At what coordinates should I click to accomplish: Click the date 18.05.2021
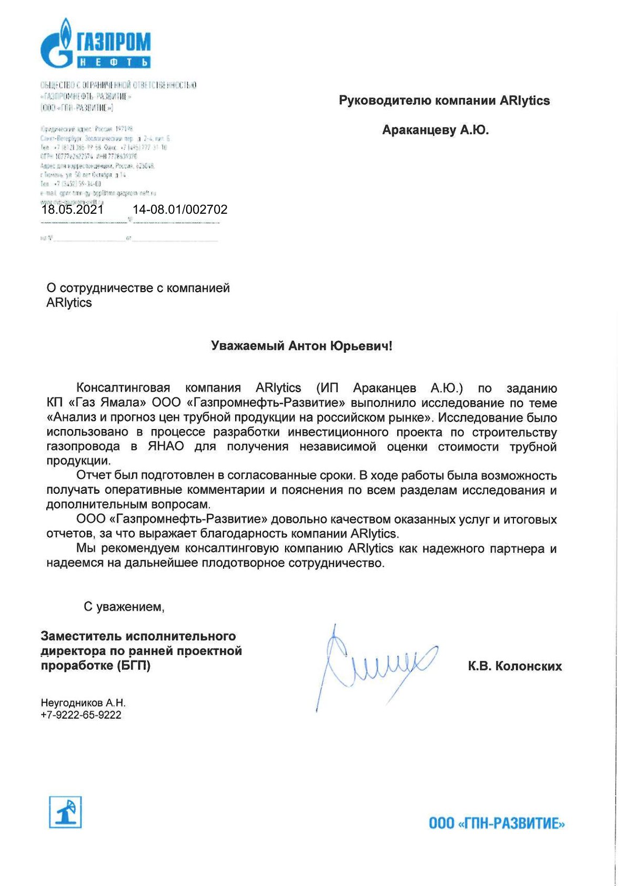73,210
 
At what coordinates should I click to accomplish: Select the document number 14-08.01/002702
180,210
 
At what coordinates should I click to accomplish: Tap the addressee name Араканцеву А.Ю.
435,130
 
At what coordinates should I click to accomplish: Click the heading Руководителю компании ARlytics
444,101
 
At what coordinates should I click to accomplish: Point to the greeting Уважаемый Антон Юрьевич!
301,346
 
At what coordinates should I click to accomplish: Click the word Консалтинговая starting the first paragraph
123,388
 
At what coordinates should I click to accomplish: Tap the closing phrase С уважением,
124,607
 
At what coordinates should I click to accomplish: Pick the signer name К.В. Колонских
514,666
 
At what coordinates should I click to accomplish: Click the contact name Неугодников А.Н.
83,703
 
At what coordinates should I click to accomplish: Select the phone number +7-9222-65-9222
81,715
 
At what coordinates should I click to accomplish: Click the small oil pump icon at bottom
65,812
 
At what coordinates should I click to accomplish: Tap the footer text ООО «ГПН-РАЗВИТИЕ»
496,823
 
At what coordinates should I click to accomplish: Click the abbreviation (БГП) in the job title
133,665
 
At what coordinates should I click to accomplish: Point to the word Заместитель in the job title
81,636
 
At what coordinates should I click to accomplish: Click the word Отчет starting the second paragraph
93,475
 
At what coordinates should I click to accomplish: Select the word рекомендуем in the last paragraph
140,549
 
